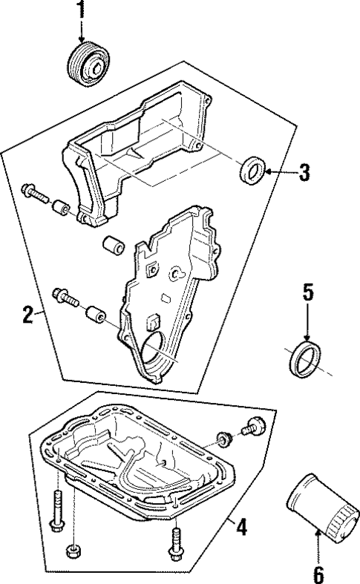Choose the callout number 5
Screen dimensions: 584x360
[x=308, y=292]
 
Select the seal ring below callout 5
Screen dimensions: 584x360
[x=306, y=358]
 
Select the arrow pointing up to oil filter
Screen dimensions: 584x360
[x=317, y=548]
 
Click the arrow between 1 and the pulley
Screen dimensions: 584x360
[x=82, y=30]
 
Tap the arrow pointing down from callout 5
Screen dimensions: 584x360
[x=308, y=323]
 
